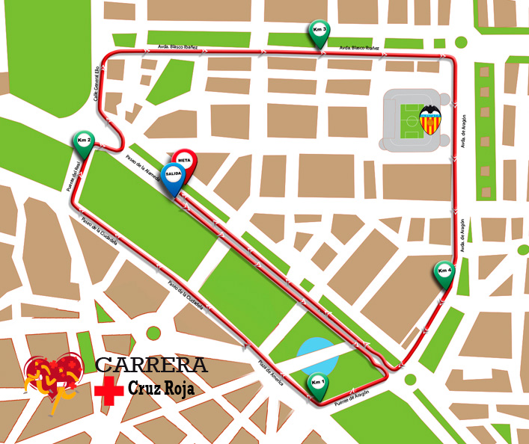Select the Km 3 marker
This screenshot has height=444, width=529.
coord(319,31)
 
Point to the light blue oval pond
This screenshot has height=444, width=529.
coord(317,355)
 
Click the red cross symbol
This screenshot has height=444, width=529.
coord(108,391)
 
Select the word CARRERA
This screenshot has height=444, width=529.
coord(152,366)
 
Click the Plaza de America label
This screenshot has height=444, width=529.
coord(270,372)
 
